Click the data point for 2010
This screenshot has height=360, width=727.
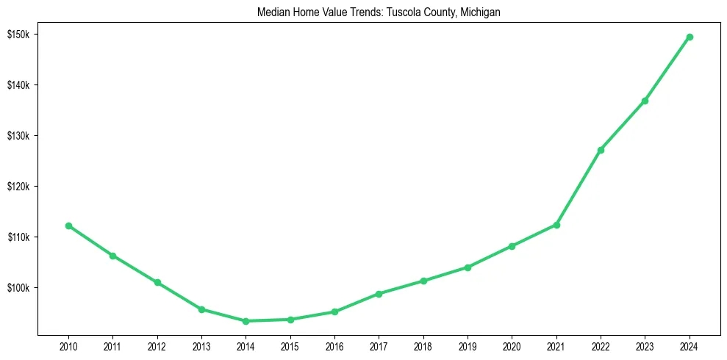(x=68, y=226)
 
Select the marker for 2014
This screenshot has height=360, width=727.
(x=246, y=321)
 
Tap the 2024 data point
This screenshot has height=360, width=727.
(x=690, y=37)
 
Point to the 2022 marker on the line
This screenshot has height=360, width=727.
(x=601, y=150)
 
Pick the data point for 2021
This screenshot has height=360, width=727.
(x=556, y=225)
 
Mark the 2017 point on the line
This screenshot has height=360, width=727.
(x=379, y=294)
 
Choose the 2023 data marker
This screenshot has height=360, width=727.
(x=645, y=101)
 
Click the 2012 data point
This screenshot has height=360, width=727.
(x=157, y=283)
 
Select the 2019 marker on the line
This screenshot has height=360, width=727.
(x=468, y=267)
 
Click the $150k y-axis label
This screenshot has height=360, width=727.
(x=20, y=35)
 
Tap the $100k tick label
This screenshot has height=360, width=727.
(x=20, y=287)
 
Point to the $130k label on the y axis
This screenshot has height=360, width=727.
(x=20, y=136)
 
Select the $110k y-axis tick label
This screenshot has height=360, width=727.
(x=20, y=237)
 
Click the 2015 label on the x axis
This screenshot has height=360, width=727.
(x=290, y=345)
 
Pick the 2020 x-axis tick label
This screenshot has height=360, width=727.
(x=512, y=345)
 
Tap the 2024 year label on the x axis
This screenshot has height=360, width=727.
(x=690, y=345)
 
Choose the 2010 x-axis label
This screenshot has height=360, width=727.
(x=68, y=345)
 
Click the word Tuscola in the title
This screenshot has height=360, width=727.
(x=397, y=12)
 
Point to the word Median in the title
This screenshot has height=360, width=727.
(x=272, y=12)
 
